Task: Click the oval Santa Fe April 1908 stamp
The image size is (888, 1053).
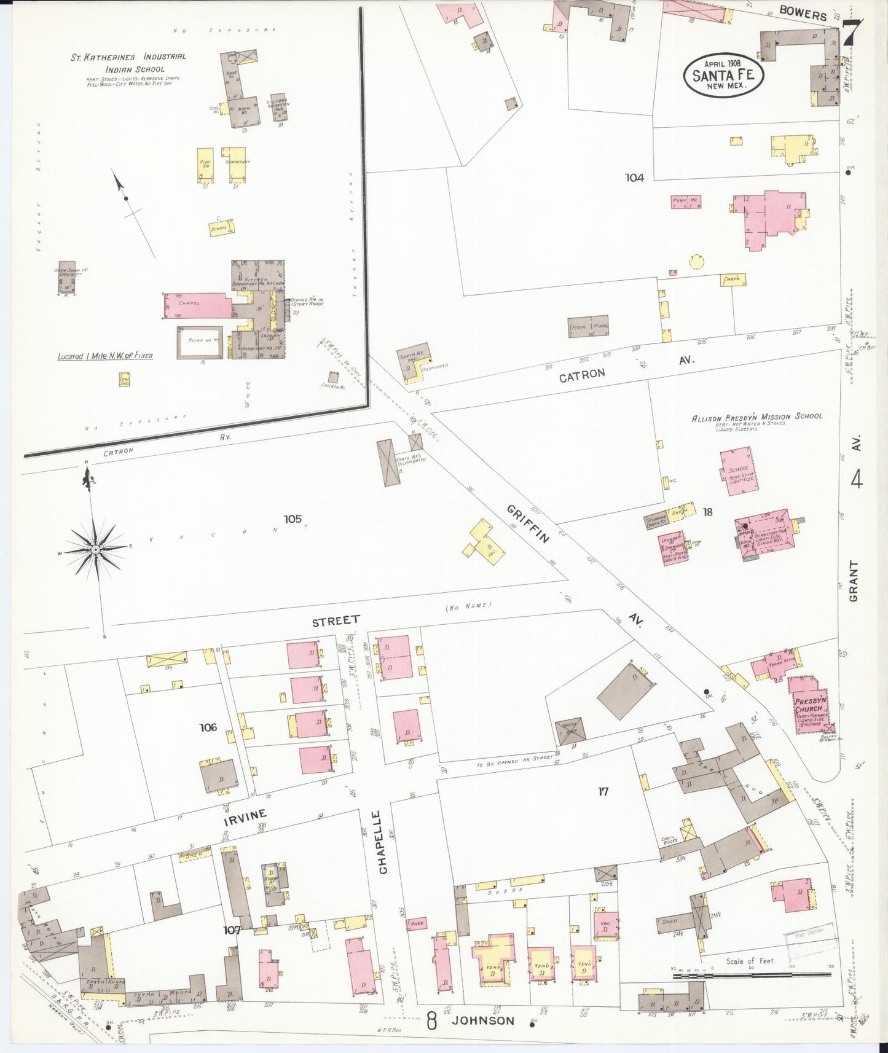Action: point(723,73)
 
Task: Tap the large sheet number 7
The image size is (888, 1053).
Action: point(854,32)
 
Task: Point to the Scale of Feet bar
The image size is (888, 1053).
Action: point(753,975)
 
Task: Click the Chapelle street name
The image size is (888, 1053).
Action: point(383,842)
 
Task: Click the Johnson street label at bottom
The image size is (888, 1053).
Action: point(483,1020)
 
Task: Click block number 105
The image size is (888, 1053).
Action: point(293,519)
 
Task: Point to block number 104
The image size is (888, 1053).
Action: point(634,178)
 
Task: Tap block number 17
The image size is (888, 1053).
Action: point(603,791)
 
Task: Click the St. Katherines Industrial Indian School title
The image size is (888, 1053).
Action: point(128,62)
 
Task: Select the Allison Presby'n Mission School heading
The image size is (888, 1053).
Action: point(756,417)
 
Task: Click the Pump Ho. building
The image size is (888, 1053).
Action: point(686,202)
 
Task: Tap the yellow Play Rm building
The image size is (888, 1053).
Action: point(205,164)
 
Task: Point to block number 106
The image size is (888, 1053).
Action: point(208,727)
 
